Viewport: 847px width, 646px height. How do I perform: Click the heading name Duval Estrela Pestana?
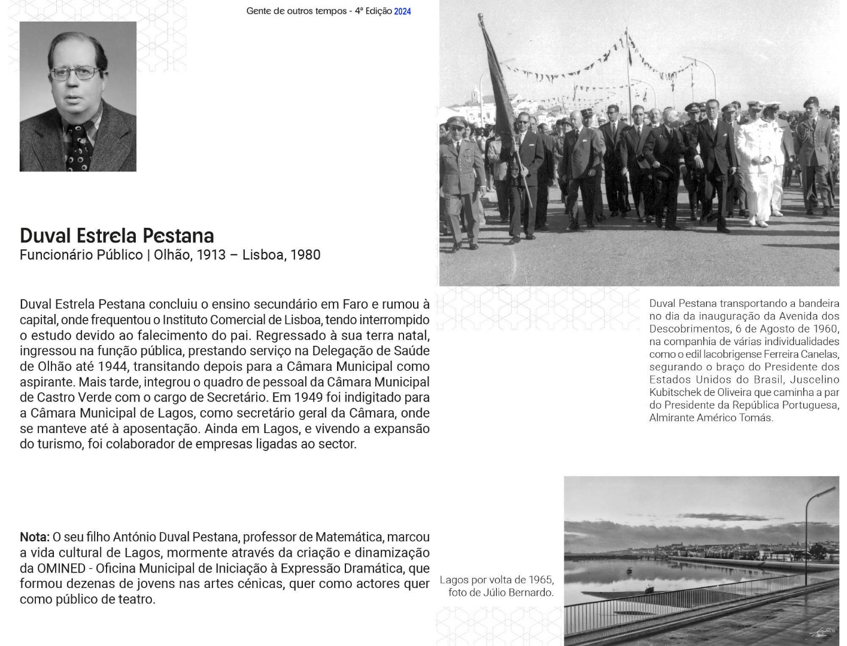point(117,236)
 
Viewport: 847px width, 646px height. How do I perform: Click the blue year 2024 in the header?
point(402,11)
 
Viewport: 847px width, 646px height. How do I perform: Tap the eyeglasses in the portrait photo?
point(76,74)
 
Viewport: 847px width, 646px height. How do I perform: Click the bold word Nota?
point(34,537)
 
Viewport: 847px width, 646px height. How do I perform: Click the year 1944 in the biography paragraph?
point(113,366)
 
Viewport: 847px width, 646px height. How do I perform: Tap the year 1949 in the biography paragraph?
point(308,397)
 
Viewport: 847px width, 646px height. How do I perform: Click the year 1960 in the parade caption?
point(824,329)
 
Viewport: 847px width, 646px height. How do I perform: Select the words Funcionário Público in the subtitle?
point(81,255)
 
